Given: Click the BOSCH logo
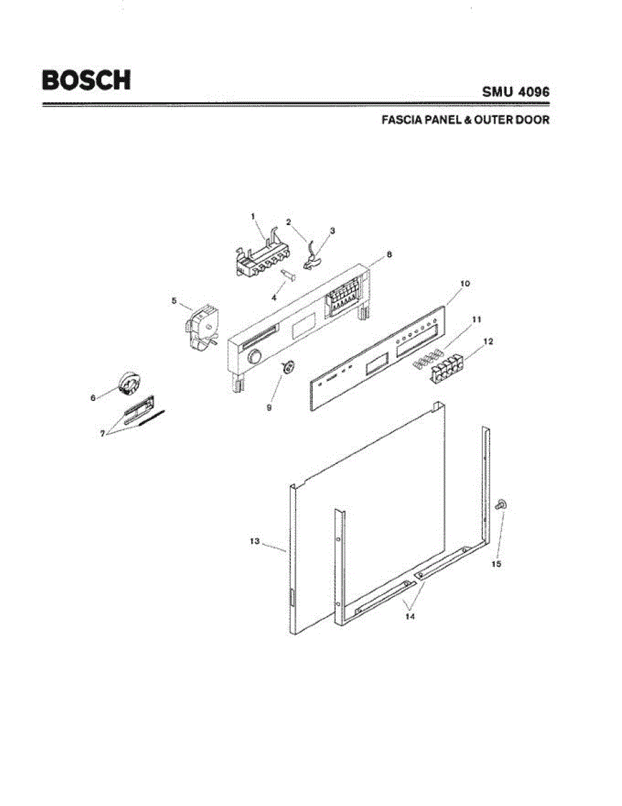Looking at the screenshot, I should click(86, 80).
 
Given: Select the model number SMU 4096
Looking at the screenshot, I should click(516, 91).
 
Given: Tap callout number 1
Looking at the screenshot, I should click(253, 216).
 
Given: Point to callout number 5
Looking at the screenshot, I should click(174, 301).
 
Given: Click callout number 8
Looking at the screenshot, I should click(389, 255).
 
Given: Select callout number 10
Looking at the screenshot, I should click(465, 284).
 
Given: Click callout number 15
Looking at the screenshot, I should click(496, 564).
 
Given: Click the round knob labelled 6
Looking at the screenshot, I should click(127, 385).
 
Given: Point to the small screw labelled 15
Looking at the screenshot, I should click(500, 506).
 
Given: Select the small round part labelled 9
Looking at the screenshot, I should click(289, 366).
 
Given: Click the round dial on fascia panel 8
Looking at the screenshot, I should click(254, 357).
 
